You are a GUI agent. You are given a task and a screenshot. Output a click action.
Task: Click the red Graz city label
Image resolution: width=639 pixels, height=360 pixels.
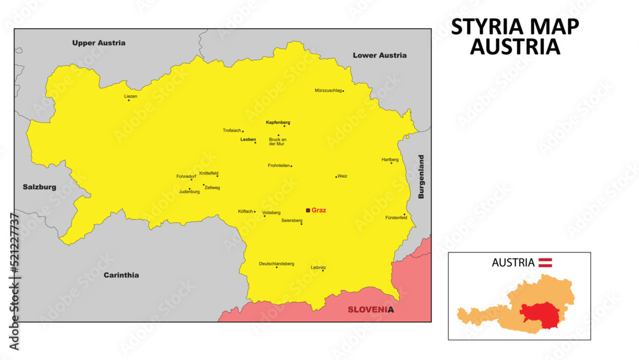tap(319, 210)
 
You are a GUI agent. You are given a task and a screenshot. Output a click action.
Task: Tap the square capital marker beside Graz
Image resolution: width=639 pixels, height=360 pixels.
tap(308, 210)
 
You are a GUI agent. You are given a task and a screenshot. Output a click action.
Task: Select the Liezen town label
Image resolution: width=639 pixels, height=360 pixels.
tap(130, 96)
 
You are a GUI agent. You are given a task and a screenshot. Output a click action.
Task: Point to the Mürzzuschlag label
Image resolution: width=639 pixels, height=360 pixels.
tap(328, 91)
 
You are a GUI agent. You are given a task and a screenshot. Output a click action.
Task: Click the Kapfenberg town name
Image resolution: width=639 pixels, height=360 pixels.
tap(278, 121)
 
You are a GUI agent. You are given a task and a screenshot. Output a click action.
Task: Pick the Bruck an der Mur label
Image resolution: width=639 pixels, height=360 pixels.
tap(278, 142)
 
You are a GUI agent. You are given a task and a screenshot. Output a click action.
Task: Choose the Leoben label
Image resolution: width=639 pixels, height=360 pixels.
tap(248, 139)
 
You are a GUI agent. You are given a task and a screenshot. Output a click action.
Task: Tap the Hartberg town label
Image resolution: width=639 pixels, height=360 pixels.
tap(390, 159)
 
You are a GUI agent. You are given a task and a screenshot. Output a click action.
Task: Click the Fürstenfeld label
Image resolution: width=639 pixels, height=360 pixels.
tap(396, 218)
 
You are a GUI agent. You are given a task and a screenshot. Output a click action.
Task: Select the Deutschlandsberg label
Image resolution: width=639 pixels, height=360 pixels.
tap(276, 263)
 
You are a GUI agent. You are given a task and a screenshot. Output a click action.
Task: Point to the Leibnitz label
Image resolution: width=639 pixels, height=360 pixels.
tap(318, 267)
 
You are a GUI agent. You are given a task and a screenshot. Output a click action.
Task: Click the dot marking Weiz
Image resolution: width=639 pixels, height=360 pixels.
tap(336, 176)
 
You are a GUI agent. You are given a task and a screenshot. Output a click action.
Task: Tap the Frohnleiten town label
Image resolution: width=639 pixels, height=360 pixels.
tap(279, 166)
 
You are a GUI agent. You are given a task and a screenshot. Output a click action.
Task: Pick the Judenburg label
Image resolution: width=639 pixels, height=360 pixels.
tap(189, 192)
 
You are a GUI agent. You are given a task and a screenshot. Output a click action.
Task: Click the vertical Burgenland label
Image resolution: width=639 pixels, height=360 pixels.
tap(421, 177)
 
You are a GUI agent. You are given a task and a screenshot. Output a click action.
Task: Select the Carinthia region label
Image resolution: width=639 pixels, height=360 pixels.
tap(121, 275)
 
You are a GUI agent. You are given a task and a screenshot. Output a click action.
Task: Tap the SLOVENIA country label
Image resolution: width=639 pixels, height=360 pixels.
tap(371, 310)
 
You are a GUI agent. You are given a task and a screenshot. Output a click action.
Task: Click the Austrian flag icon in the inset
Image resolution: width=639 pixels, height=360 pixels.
tap(545, 262)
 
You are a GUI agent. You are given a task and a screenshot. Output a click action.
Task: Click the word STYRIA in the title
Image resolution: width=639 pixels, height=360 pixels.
tap(489, 27)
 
